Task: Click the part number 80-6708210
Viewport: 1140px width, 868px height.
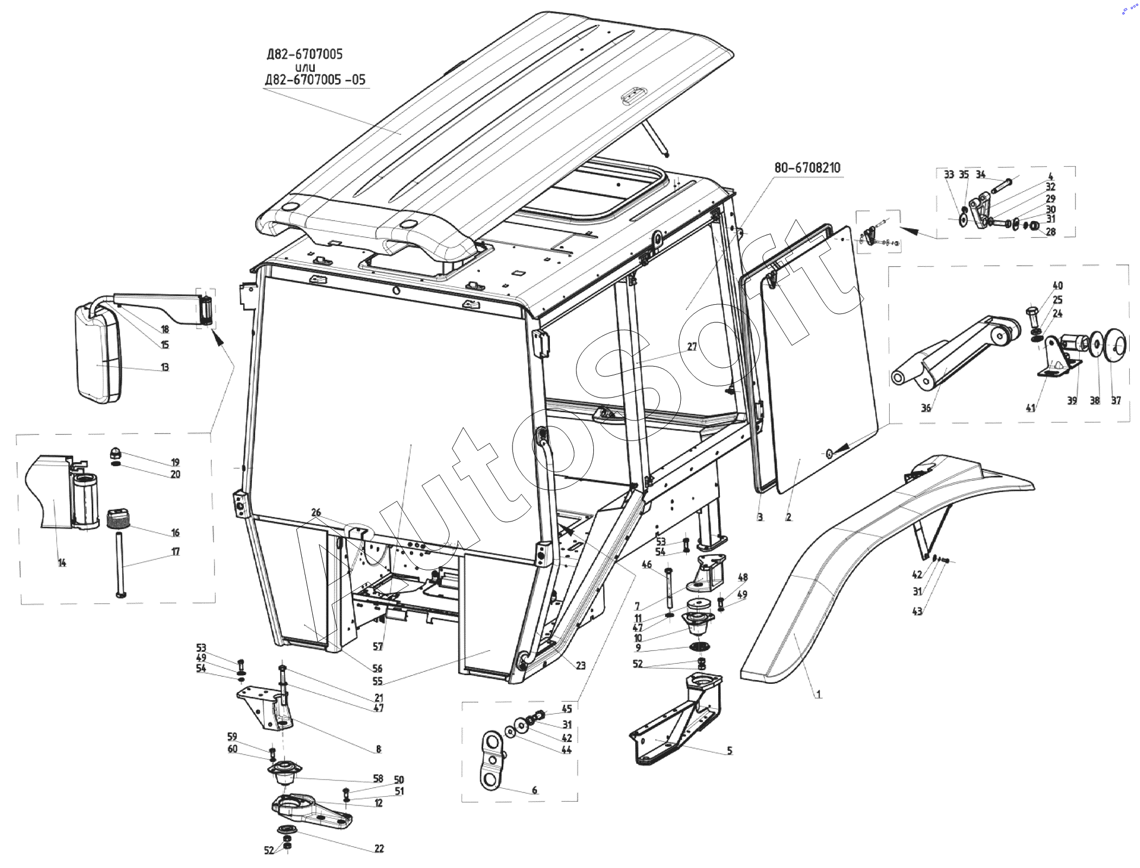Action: pyautogui.click(x=807, y=168)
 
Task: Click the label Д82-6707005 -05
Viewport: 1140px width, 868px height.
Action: pyautogui.click(x=315, y=80)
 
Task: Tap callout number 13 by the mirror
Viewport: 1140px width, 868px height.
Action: pyautogui.click(x=164, y=367)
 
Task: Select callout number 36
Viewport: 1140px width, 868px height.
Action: pyautogui.click(x=926, y=407)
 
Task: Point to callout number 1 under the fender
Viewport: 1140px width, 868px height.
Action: pyautogui.click(x=819, y=694)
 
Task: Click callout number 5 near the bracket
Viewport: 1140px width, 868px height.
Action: pyautogui.click(x=730, y=751)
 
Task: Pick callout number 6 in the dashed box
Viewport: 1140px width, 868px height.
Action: pyautogui.click(x=534, y=790)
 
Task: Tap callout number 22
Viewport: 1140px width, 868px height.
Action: pyautogui.click(x=379, y=848)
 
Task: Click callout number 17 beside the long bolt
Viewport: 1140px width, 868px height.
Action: pyautogui.click(x=175, y=552)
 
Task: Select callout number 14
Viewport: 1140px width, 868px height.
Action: pyautogui.click(x=62, y=563)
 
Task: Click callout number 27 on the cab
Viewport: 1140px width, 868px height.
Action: pyautogui.click(x=692, y=347)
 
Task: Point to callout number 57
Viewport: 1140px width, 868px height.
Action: pyautogui.click(x=378, y=646)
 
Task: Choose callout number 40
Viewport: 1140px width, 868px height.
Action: pyautogui.click(x=1057, y=286)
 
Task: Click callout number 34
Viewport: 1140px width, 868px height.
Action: pyautogui.click(x=980, y=174)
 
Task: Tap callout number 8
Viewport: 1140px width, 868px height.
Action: pyautogui.click(x=378, y=749)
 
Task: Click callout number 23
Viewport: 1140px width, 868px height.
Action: pyautogui.click(x=580, y=665)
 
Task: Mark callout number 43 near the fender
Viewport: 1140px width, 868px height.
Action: pyautogui.click(x=917, y=612)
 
